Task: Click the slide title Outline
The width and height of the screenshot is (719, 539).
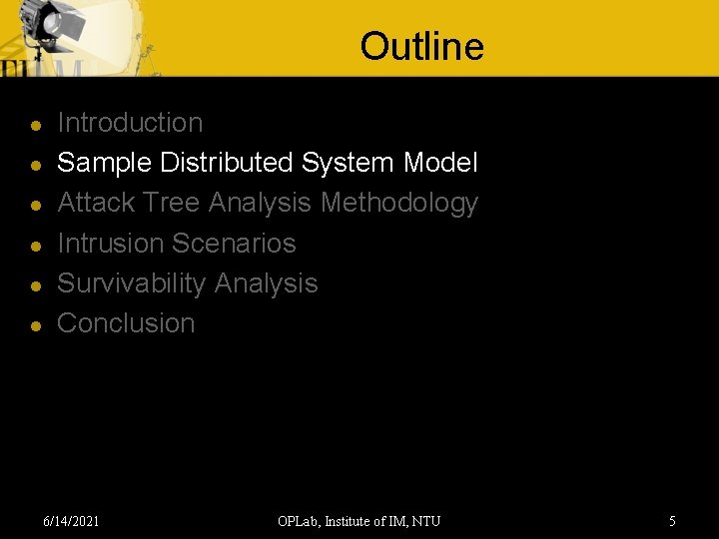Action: [421, 46]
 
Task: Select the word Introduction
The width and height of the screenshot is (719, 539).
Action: [130, 123]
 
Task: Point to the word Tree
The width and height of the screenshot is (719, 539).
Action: [172, 203]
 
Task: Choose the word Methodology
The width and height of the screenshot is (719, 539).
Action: [399, 203]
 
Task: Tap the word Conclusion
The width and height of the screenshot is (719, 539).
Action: [126, 323]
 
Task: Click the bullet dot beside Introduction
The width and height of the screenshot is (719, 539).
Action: [35, 126]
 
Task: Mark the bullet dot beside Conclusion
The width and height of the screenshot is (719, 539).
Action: [35, 325]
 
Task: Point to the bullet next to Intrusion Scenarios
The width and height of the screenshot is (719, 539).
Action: [35, 246]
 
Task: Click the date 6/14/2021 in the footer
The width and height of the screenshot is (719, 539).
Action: [71, 520]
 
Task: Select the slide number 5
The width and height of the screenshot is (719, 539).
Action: [672, 520]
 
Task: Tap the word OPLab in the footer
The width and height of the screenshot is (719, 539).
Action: [298, 520]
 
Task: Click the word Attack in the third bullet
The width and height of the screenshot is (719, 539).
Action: [96, 203]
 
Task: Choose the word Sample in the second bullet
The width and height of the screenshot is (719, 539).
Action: [105, 163]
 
